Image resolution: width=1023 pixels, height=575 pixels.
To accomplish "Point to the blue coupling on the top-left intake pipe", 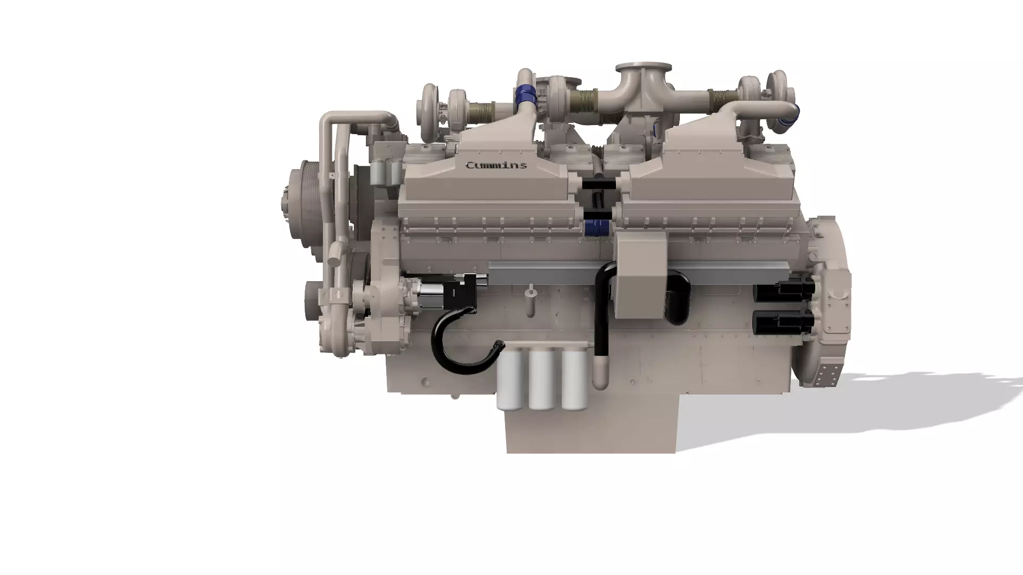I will point(525,96).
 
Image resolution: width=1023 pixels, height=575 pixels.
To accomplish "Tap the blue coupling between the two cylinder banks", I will point(597,228).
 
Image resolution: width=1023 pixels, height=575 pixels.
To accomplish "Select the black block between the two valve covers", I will point(598,184).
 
